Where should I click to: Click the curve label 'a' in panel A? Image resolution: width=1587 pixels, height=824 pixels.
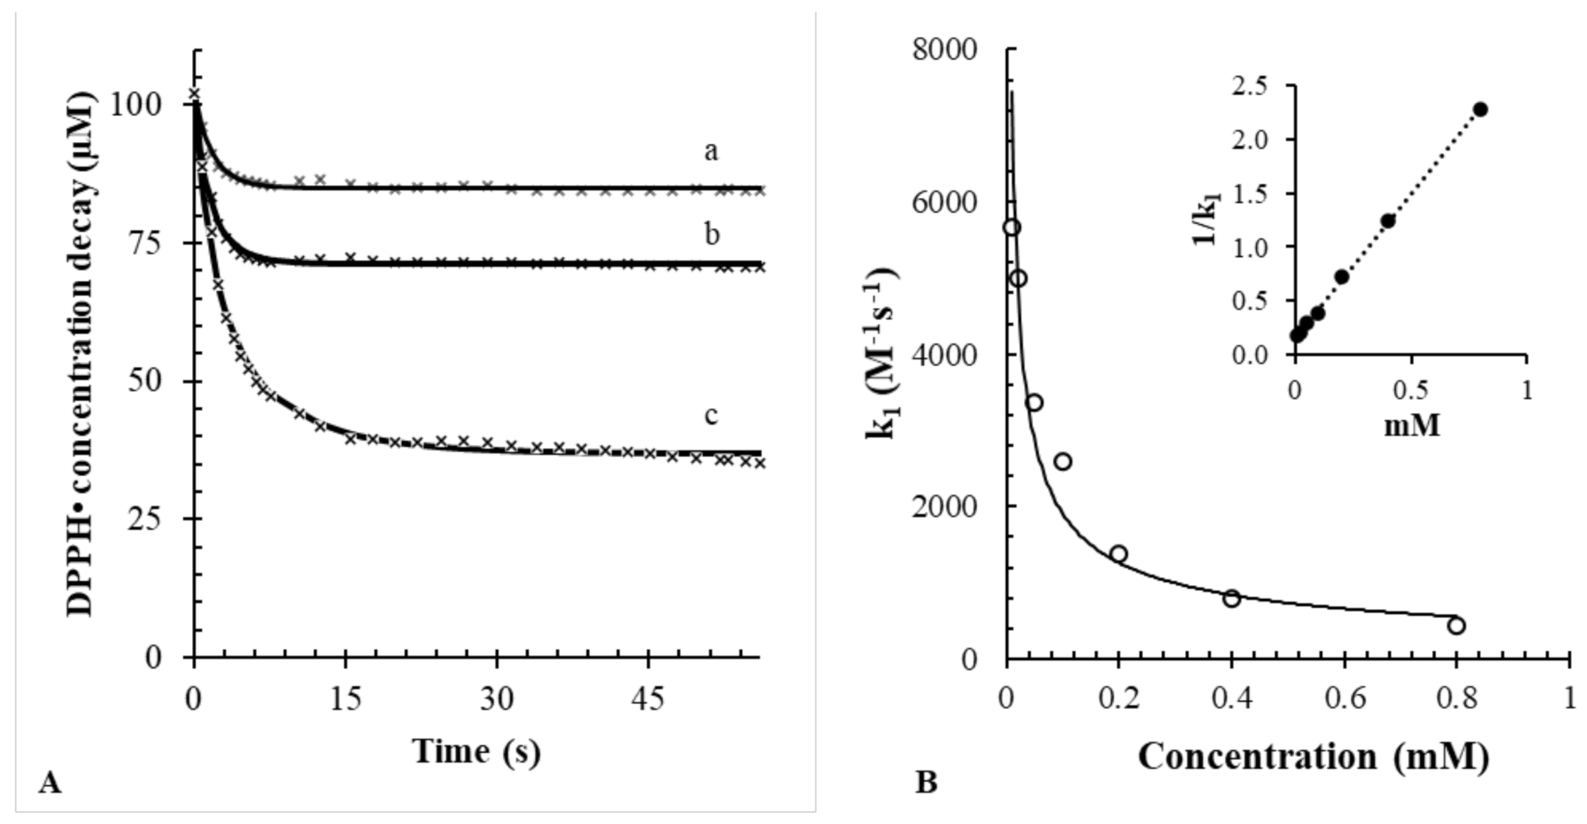pos(711,151)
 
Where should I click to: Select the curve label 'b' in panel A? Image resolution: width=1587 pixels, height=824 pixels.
pos(711,235)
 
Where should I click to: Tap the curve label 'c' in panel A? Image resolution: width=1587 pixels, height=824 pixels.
pos(711,415)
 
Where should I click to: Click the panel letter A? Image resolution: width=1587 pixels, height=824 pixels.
pos(49,783)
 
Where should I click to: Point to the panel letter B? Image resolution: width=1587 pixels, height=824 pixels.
pos(926,782)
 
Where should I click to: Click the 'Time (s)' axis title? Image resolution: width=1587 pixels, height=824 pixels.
pos(476,751)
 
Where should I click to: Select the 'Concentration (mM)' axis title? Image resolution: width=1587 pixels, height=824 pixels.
pos(1313,756)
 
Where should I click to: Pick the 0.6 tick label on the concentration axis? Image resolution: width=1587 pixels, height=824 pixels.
pos(1342,699)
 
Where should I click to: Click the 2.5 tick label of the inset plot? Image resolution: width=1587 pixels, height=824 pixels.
pos(1249,86)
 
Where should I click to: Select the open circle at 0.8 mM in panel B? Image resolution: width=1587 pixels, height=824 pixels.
pos(1456,626)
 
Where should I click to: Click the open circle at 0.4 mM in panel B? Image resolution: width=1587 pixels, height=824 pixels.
pos(1231,598)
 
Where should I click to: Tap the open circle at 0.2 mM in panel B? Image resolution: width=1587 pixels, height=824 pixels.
pos(1118,554)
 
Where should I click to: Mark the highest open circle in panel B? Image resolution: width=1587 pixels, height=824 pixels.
pos(1012,227)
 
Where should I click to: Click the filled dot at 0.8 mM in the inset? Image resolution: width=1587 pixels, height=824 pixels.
pos(1480,109)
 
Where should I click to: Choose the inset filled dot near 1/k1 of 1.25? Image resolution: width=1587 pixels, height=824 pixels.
pos(1388,221)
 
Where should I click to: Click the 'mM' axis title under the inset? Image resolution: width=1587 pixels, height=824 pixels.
pos(1411,426)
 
